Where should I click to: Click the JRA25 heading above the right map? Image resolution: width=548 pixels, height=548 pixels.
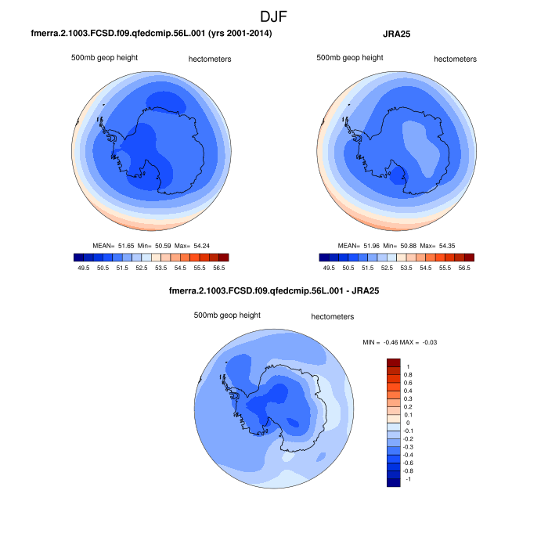pyautogui.click(x=398, y=34)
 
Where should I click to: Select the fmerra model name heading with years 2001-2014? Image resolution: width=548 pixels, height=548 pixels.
pyautogui.click(x=151, y=34)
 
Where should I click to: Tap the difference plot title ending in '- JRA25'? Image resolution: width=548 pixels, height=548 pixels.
pyautogui.click(x=273, y=292)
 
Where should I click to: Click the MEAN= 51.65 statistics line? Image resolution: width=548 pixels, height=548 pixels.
pyautogui.click(x=150, y=245)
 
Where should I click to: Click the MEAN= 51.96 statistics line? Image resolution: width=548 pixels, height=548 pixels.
pyautogui.click(x=397, y=245)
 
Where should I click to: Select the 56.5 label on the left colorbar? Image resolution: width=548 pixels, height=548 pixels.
pyautogui.click(x=218, y=267)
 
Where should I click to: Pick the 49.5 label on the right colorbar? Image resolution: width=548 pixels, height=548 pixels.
pyautogui.click(x=330, y=267)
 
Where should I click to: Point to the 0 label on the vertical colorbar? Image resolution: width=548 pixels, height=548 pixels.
pyautogui.click(x=408, y=423)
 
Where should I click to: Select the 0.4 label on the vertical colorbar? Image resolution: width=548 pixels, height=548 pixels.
pyautogui.click(x=408, y=391)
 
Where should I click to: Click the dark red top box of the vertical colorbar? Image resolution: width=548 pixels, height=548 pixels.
pyautogui.click(x=394, y=362)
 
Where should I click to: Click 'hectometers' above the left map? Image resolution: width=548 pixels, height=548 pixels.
pyautogui.click(x=210, y=59)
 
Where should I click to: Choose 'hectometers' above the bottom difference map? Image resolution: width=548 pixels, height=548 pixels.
pyautogui.click(x=333, y=317)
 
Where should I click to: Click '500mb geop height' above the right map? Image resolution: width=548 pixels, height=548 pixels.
pyautogui.click(x=350, y=57)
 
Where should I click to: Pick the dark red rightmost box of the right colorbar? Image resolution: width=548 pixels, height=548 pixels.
pyautogui.click(x=469, y=257)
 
